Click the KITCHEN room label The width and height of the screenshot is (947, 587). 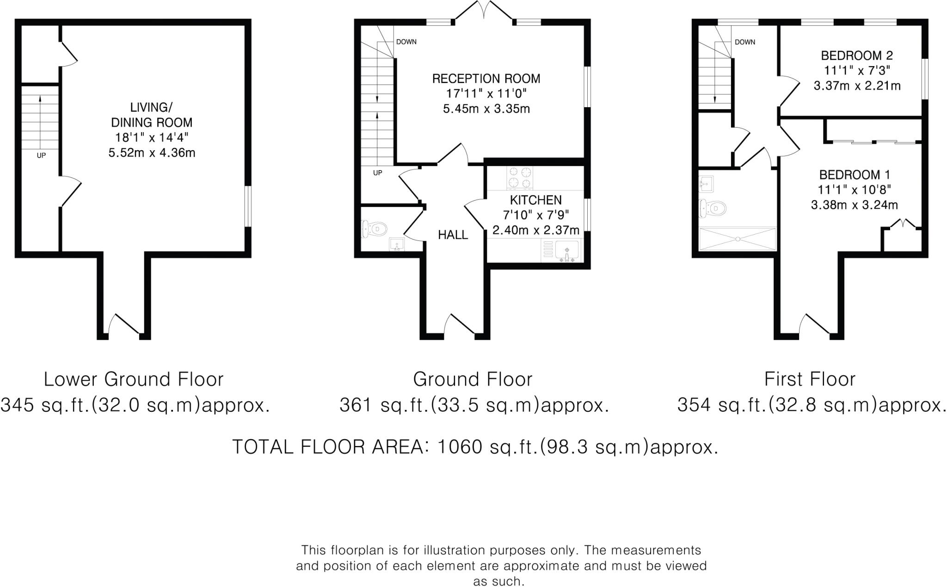tap(535, 200)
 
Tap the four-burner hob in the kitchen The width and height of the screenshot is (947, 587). tap(520, 178)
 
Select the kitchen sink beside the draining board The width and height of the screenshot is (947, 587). tap(567, 251)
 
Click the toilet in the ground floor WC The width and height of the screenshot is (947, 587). tap(374, 229)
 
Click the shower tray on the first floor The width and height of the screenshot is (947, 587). tap(738, 238)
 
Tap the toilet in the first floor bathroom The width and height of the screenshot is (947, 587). tap(712, 208)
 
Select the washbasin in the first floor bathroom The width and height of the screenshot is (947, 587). tap(706, 184)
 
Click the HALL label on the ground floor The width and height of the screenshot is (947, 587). tap(453, 235)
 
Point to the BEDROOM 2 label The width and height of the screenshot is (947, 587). tap(857, 56)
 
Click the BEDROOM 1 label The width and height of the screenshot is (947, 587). tap(855, 175)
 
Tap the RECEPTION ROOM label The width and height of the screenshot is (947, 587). tap(486, 79)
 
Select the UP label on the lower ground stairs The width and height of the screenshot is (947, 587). tap(41, 156)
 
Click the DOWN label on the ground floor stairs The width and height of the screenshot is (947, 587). tap(406, 42)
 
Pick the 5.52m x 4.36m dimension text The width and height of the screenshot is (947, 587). tap(152, 153)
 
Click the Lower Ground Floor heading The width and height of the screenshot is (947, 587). tap(134, 379)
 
